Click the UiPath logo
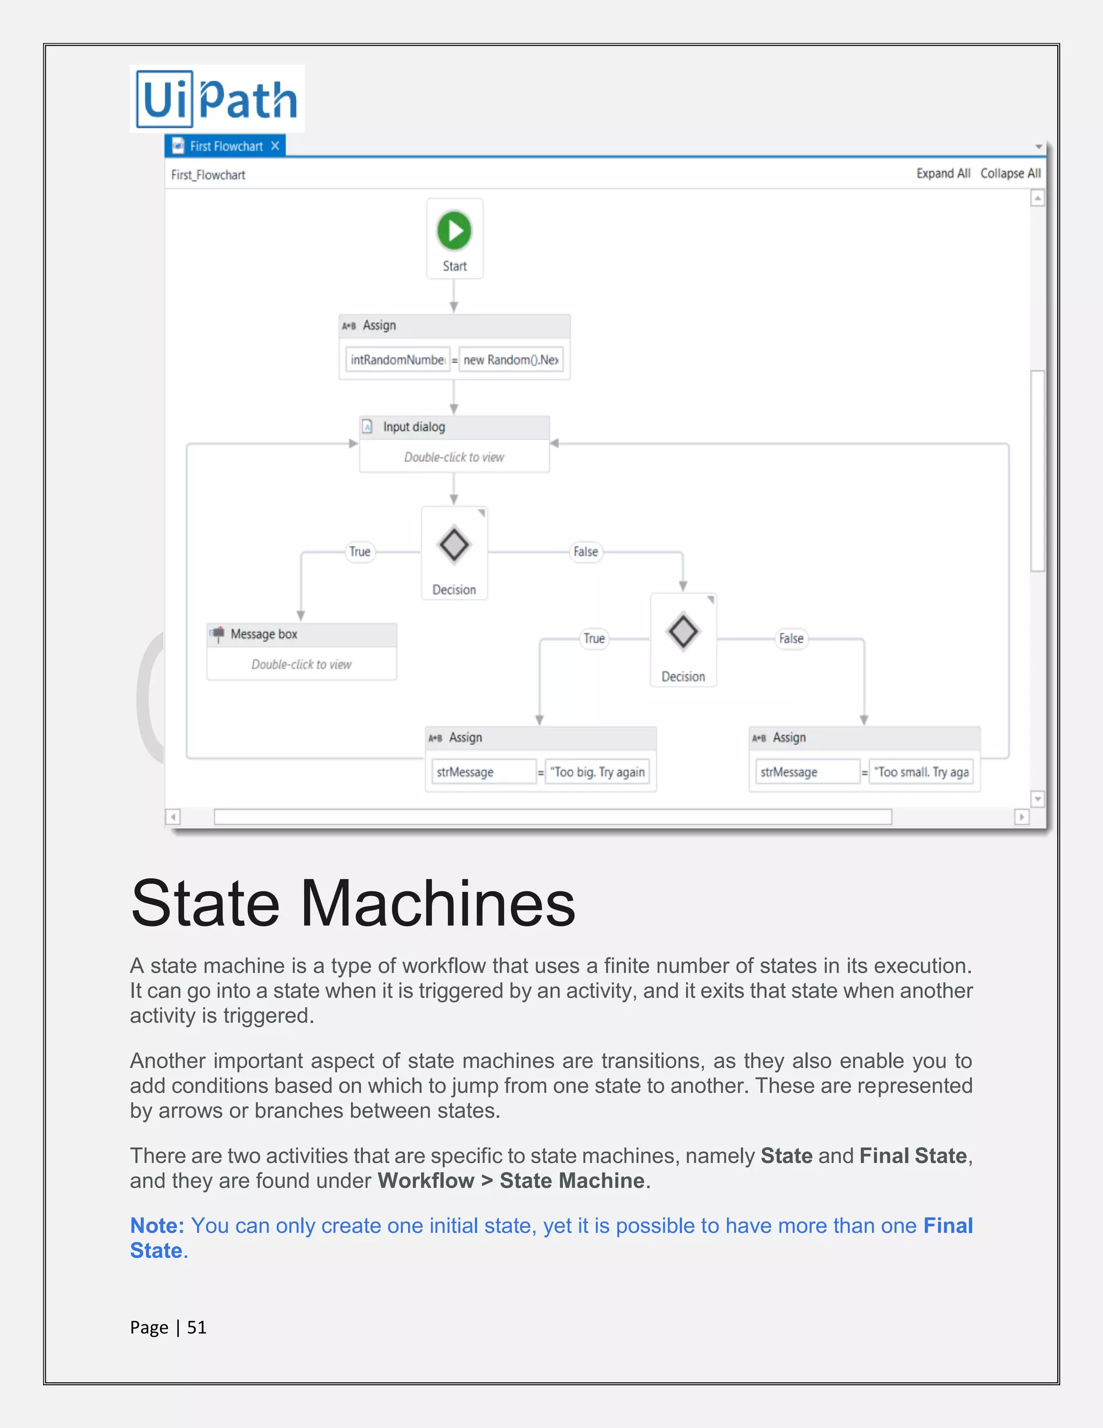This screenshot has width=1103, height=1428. pos(217,99)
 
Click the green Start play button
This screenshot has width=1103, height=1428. pos(454,230)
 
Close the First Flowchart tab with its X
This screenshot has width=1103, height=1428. pos(275,146)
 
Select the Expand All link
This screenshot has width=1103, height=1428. pos(943,174)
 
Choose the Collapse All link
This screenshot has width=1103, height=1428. pos(1010,174)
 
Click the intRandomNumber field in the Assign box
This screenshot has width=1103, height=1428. pos(397,359)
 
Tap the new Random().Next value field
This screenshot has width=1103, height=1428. pos(511,359)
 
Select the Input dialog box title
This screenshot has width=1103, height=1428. pos(414,427)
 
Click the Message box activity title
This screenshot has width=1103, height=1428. pos(264,634)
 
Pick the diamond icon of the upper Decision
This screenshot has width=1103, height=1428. pos(454,545)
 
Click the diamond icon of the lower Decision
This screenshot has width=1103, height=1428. pos(683,632)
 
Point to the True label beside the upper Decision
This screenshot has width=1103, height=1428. pos(359,552)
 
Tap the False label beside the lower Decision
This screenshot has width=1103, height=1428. pos(791,639)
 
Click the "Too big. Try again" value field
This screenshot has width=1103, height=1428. pos(597,772)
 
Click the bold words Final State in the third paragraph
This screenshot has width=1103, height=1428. pos(913,1156)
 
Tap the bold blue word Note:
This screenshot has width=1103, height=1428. pos(157,1226)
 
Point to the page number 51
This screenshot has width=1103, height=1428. pos(197,1327)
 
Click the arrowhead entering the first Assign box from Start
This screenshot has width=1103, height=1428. pos(454,307)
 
